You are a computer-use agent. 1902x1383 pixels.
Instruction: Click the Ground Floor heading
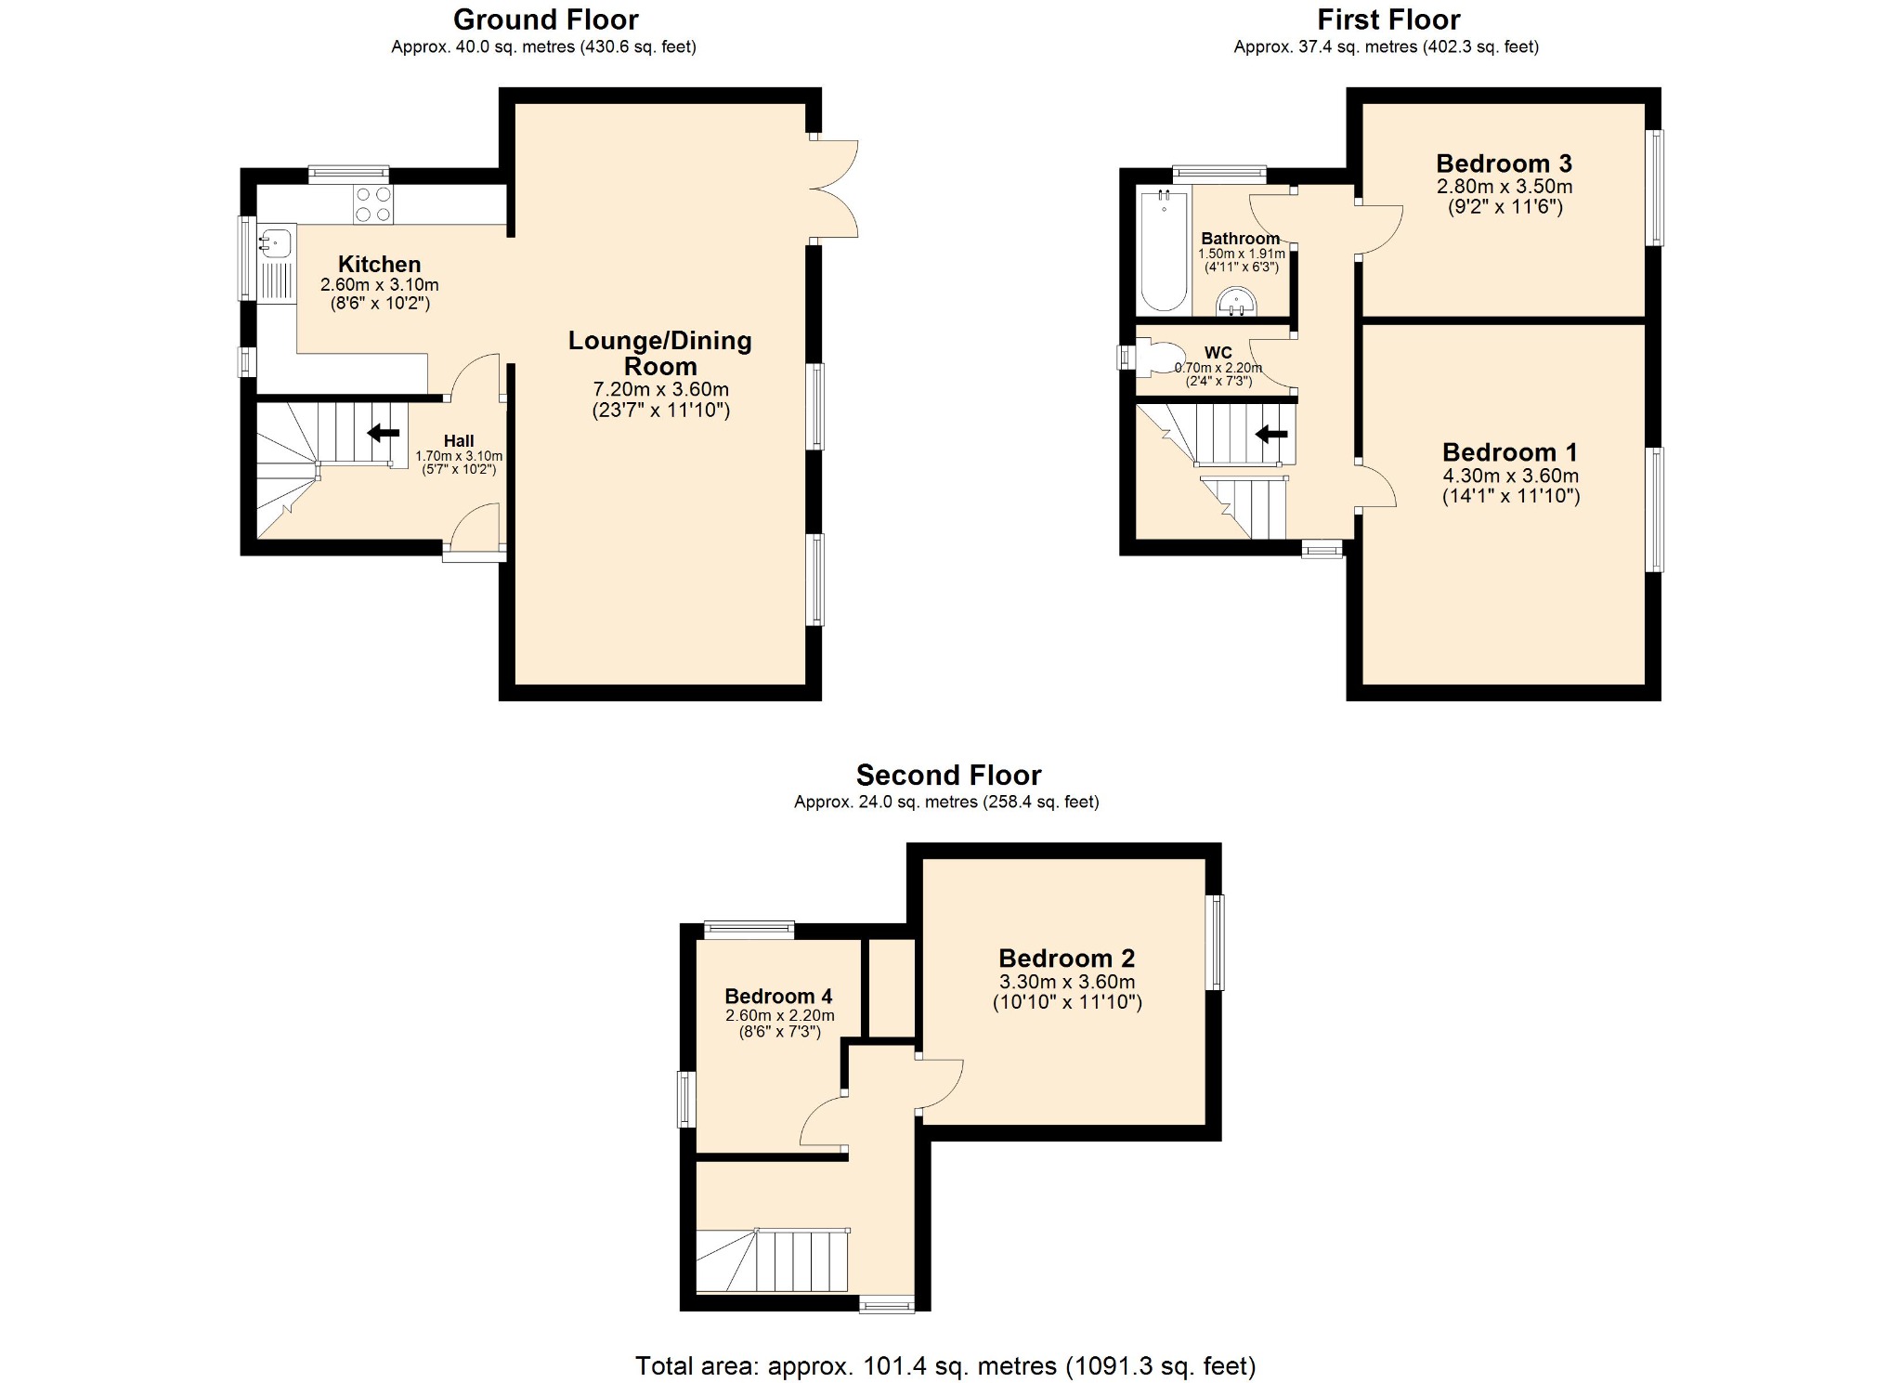coord(545,20)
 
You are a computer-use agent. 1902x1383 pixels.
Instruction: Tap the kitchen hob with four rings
coord(372,204)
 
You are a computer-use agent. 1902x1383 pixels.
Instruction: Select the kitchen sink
coord(276,243)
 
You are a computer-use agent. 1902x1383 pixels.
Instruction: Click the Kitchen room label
coord(379,264)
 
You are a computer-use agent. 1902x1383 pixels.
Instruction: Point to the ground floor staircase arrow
coord(383,433)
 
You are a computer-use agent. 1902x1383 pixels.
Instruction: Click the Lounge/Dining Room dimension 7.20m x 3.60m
coord(660,389)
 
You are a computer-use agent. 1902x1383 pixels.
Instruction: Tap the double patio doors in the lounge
coord(834,189)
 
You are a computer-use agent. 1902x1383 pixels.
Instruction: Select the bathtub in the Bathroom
coord(1163,251)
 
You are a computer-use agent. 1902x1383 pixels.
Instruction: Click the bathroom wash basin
coord(1236,301)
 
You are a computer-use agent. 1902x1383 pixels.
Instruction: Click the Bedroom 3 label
coord(1503,163)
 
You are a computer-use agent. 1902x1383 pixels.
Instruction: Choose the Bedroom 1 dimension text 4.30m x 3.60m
coord(1510,476)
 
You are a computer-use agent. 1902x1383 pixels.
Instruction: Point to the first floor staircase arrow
coord(1270,434)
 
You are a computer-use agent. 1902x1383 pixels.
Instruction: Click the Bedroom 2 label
coord(1066,958)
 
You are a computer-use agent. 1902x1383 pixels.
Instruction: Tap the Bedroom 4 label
coord(778,996)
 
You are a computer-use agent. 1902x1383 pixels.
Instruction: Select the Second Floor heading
coord(947,775)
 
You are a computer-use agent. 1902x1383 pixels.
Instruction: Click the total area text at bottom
coord(944,1365)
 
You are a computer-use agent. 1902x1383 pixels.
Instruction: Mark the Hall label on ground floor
coord(459,441)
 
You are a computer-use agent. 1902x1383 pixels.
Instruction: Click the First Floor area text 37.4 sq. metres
coord(1386,46)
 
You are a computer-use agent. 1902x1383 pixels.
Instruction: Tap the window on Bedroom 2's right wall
coord(1215,942)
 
